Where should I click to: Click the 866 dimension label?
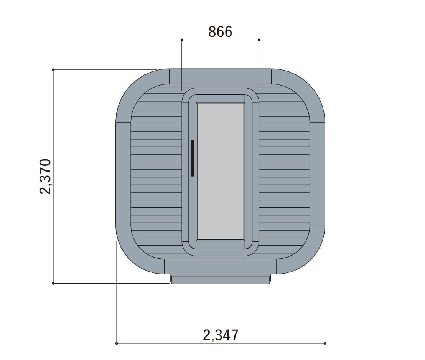tap(220, 32)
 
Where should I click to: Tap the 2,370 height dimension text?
tap(45, 176)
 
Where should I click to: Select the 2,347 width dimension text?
tap(221, 335)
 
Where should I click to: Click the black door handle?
tap(192, 158)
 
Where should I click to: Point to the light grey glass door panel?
tap(220, 172)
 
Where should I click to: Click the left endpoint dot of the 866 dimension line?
tap(181, 40)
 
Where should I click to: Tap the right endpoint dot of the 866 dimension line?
tap(259, 40)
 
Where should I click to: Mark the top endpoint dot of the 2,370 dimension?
tap(53, 70)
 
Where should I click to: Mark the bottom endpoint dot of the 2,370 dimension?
tap(53, 284)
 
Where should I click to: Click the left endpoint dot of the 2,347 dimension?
tap(117, 343)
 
